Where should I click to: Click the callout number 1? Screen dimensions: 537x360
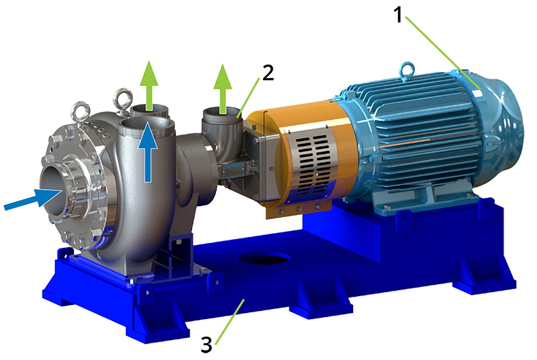(397, 15)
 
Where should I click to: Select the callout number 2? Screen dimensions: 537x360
(268, 73)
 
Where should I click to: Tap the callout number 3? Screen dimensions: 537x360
(207, 345)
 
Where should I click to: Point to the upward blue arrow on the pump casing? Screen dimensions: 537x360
(148, 152)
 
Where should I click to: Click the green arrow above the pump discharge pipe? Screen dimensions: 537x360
(149, 85)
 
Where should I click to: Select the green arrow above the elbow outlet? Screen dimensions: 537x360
(223, 89)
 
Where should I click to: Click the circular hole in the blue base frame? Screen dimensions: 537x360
(264, 259)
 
